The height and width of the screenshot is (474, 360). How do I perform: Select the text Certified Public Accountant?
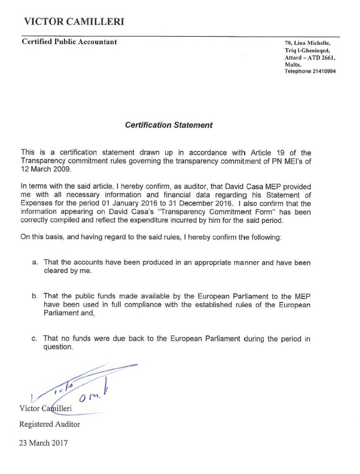click(x=69, y=41)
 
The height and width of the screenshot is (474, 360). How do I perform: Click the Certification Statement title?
click(x=169, y=125)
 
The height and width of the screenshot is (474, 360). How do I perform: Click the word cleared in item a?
click(x=58, y=271)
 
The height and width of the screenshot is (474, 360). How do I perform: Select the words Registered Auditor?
click(x=50, y=424)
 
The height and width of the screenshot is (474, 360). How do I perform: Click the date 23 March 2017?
click(x=44, y=443)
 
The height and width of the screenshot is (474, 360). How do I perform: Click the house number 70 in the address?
click(x=288, y=43)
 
